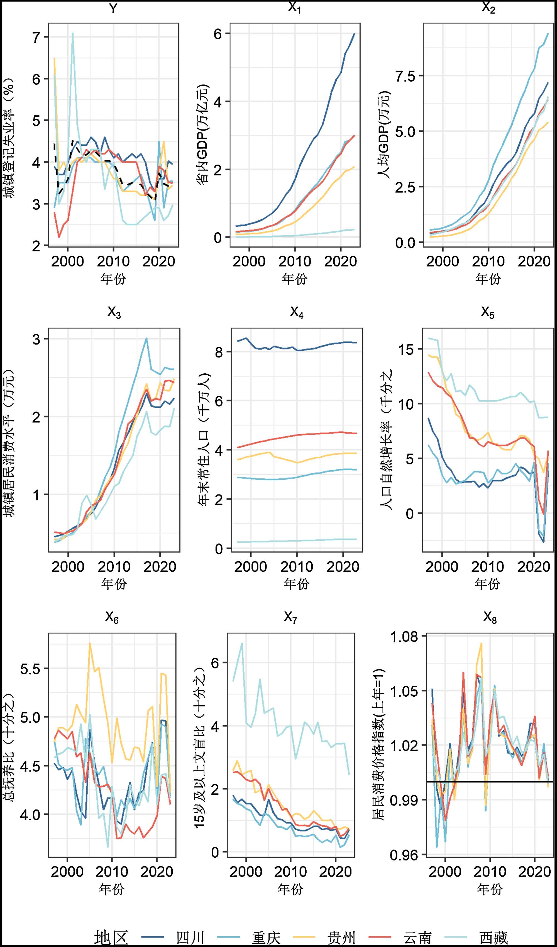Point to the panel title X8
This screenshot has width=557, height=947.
pos(490,617)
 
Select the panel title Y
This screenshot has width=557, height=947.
pos(113,8)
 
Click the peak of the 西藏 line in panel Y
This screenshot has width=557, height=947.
pos(72,33)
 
